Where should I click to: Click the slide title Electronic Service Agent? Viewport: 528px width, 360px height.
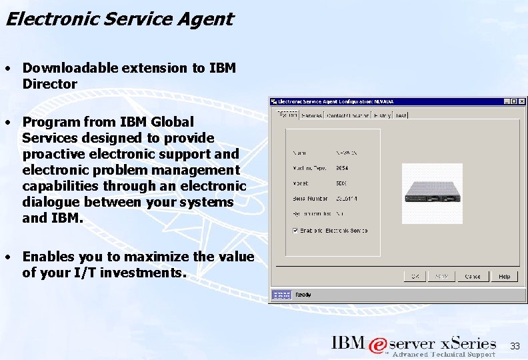[119, 19]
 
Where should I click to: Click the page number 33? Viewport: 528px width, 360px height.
[515, 346]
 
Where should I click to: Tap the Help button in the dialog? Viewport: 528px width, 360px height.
[505, 276]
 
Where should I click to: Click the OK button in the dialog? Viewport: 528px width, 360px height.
[415, 276]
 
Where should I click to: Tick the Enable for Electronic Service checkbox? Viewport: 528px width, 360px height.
[295, 231]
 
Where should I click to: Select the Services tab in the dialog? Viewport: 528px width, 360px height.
[312, 115]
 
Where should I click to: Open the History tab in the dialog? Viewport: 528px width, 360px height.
[383, 115]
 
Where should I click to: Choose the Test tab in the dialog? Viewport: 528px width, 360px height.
[401, 115]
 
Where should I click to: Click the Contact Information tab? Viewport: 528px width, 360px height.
[347, 115]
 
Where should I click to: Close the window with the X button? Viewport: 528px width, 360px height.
[522, 101]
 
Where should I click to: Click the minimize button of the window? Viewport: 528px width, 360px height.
[507, 101]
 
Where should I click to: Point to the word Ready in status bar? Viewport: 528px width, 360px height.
[303, 295]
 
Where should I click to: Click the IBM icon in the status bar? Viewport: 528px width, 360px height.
[282, 295]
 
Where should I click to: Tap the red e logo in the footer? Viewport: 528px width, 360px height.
[377, 345]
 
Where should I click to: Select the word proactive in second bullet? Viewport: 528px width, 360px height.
[51, 154]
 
